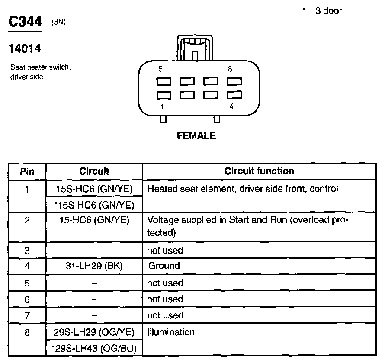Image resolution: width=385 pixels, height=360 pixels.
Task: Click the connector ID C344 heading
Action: tap(26, 22)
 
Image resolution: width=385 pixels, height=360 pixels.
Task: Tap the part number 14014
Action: tap(25, 49)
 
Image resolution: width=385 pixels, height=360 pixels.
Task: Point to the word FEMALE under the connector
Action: tap(196, 136)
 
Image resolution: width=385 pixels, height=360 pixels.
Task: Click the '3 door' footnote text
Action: tap(328, 11)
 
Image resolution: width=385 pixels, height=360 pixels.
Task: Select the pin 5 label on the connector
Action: tap(161, 69)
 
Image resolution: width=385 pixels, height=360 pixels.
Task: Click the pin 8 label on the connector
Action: tap(230, 69)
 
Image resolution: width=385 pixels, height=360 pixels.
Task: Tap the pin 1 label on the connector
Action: tap(161, 106)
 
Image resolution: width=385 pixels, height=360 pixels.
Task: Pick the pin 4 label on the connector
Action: tap(231, 106)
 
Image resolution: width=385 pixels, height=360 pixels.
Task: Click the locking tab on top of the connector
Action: tap(194, 47)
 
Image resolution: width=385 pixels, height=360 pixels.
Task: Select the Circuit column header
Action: tap(94, 171)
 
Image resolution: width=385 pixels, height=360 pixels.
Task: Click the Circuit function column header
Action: tap(259, 171)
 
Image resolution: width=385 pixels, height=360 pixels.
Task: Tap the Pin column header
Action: tap(27, 171)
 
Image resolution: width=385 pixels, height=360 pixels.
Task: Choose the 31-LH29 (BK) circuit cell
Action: tap(94, 266)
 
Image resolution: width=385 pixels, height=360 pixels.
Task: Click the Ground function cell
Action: tap(164, 266)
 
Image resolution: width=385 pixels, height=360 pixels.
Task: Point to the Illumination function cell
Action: tap(171, 332)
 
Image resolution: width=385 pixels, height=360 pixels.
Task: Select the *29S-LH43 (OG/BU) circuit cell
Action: tap(94, 349)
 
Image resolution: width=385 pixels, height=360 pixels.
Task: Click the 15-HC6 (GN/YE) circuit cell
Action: tap(94, 220)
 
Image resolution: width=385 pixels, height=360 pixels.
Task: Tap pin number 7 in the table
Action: tap(27, 315)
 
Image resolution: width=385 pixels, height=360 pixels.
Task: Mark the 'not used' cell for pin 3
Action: tap(165, 250)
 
